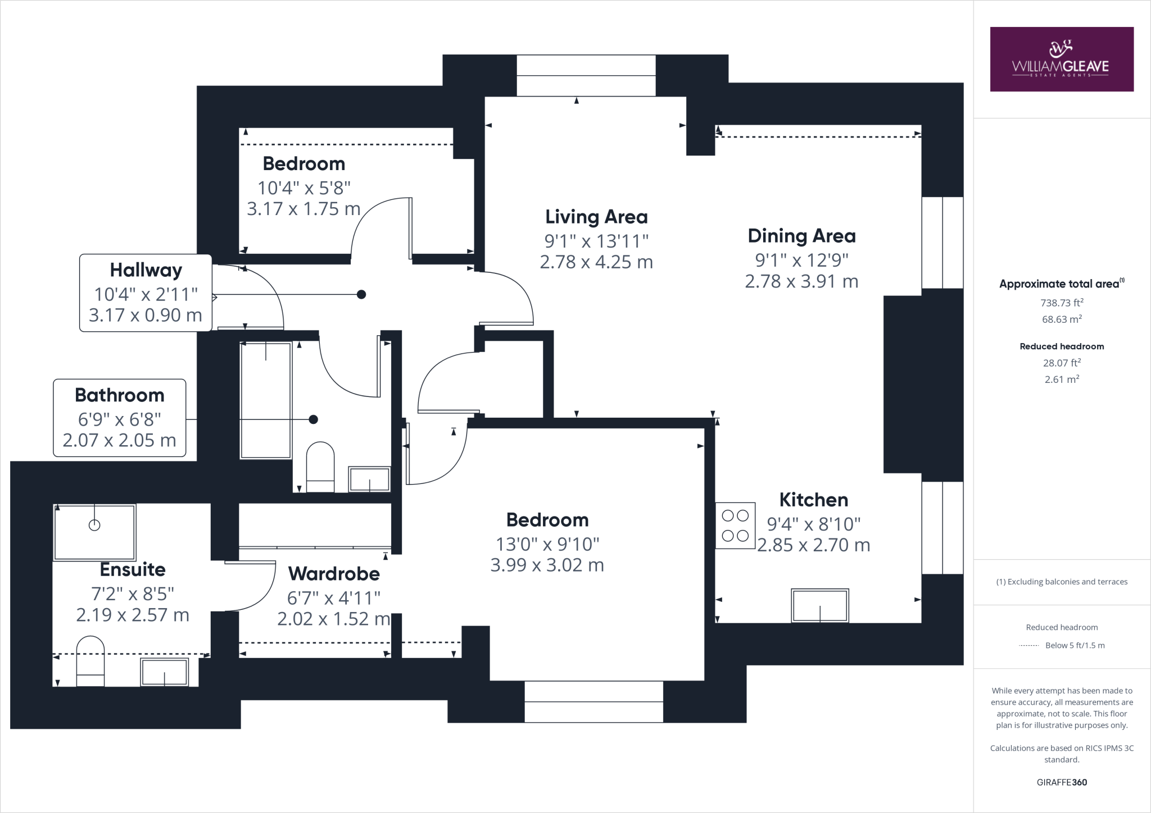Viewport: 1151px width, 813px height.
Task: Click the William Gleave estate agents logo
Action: tap(1062, 59)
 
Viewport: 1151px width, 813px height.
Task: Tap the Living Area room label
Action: tap(596, 217)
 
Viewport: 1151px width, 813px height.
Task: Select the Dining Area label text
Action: tap(801, 236)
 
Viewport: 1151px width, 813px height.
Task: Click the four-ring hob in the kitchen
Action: tap(735, 525)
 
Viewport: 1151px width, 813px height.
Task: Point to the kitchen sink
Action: tap(820, 605)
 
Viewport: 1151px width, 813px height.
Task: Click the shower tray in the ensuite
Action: tap(94, 532)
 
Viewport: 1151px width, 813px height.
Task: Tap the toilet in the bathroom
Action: tap(320, 467)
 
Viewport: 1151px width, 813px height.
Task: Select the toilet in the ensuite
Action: tap(90, 661)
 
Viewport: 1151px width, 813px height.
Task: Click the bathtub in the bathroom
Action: tap(266, 400)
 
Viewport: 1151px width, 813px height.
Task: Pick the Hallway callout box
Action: tap(146, 293)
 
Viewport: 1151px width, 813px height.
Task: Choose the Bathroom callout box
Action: tap(120, 418)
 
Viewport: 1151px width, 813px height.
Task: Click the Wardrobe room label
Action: tap(334, 574)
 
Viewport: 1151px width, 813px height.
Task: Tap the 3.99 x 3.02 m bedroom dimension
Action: tap(547, 565)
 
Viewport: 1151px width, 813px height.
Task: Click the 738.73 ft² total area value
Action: tap(1062, 303)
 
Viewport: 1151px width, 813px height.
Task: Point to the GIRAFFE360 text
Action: tap(1062, 782)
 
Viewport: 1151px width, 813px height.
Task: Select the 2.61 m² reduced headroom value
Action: tap(1062, 380)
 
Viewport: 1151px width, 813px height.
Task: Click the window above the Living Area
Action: tap(586, 76)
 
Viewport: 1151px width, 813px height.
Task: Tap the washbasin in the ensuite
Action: tap(164, 672)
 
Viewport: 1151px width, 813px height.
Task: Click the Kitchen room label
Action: tap(813, 500)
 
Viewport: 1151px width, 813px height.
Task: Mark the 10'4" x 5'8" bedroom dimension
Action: tap(304, 188)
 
